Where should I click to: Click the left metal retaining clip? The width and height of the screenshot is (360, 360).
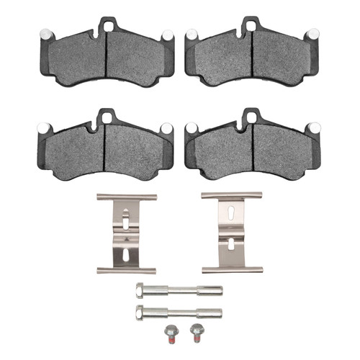coord(126,233)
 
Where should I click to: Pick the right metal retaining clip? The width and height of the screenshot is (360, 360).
coord(230,233)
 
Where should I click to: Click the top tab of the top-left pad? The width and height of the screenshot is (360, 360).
coord(107,25)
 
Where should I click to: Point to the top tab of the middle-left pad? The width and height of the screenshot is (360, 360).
coord(107,115)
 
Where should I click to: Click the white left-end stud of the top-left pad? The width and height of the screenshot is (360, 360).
coord(42,33)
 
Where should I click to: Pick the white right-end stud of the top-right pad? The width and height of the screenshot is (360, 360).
coord(312,33)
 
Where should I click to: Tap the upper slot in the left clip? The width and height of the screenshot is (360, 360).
coord(126,215)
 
